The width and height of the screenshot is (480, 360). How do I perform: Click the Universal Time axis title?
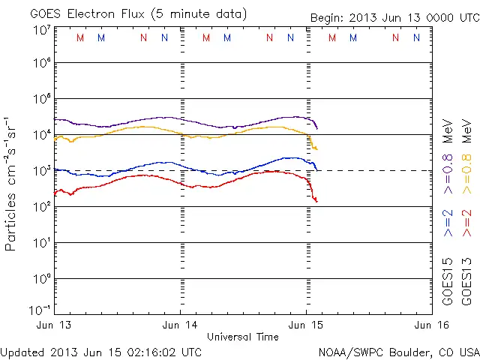(242, 337)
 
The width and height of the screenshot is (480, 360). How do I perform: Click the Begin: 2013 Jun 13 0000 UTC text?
(394, 17)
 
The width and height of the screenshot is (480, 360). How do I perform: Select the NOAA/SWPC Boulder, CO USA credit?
(398, 351)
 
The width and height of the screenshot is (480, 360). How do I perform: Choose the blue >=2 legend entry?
(448, 223)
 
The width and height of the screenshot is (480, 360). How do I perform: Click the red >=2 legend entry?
(467, 223)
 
